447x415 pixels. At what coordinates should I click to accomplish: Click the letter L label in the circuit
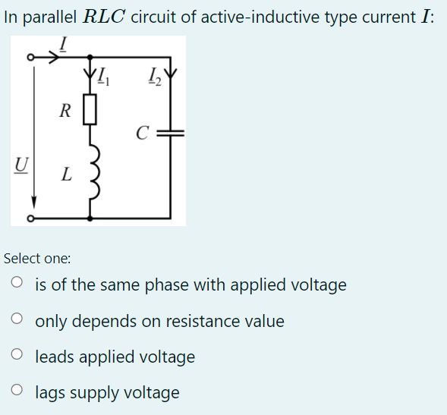click(x=67, y=175)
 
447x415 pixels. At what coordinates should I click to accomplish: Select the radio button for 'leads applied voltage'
click(x=17, y=357)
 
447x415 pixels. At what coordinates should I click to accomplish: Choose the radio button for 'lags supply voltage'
click(x=17, y=392)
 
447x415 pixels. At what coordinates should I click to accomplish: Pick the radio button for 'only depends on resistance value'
click(x=17, y=321)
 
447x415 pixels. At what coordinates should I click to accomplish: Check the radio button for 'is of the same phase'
click(x=17, y=285)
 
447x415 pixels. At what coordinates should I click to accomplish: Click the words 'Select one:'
click(x=37, y=259)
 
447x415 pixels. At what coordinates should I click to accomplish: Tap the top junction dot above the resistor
click(x=90, y=57)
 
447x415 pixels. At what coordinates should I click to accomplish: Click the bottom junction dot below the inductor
click(x=90, y=219)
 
